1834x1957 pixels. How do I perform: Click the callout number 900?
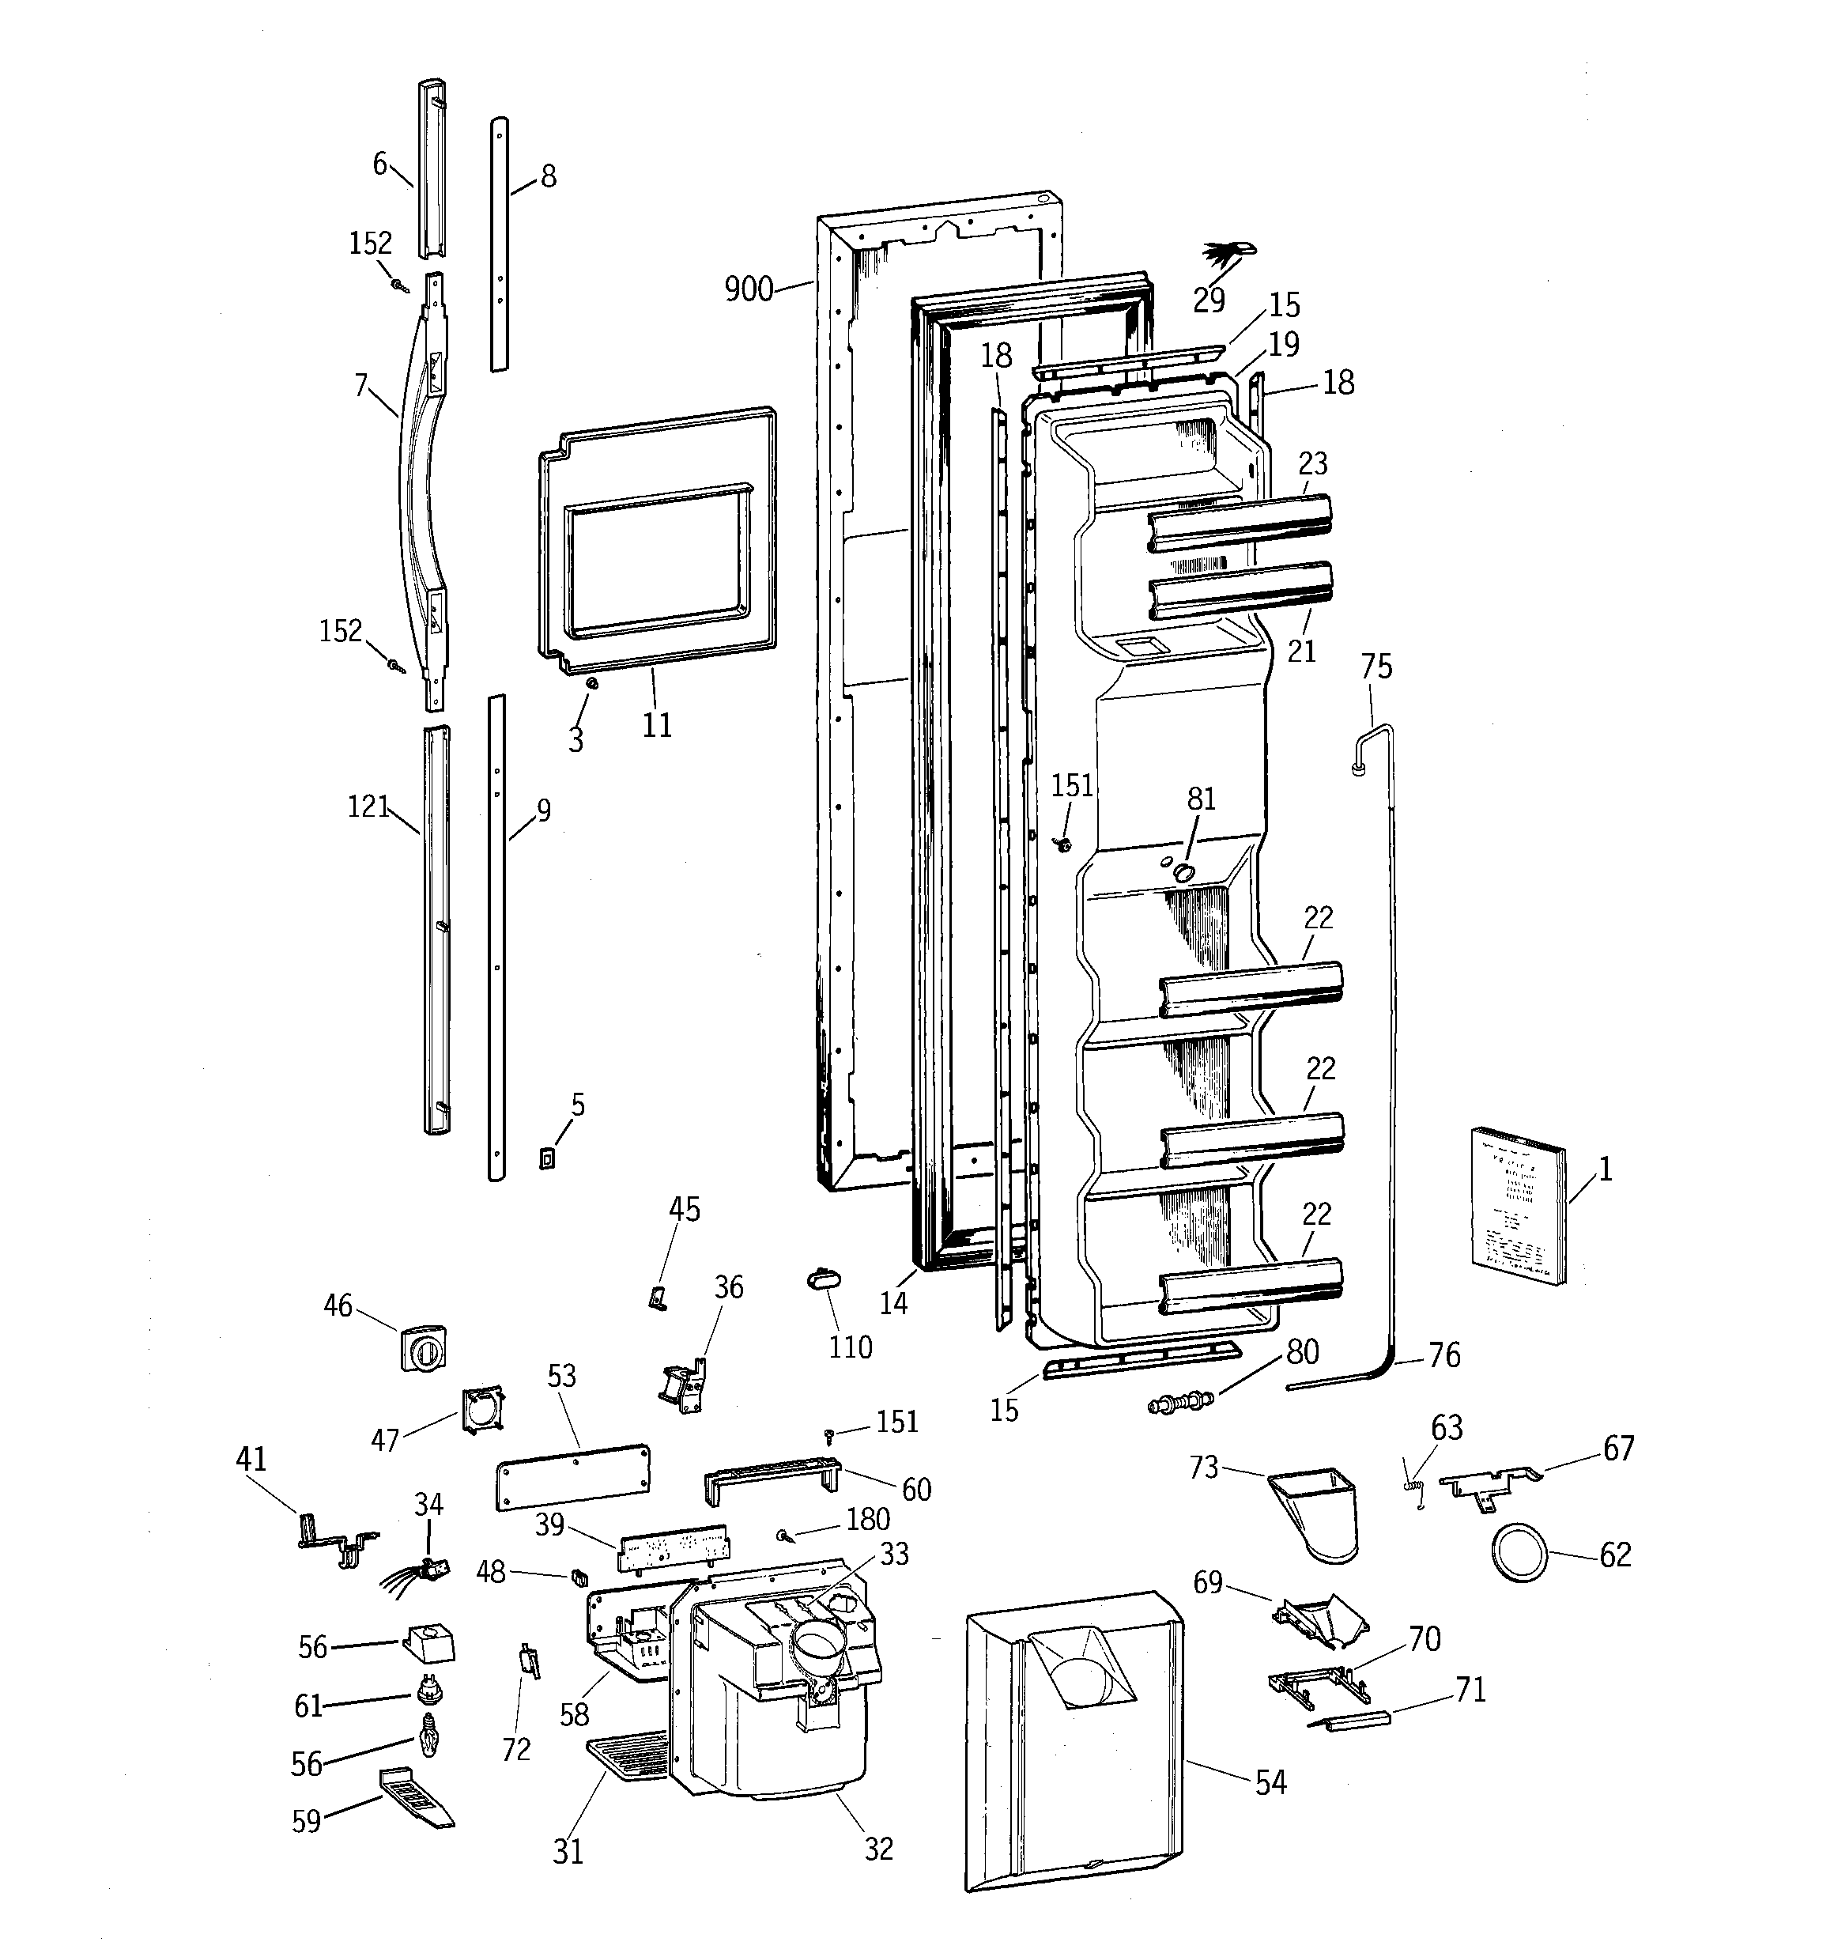coord(748,289)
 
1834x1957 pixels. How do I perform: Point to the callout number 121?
coord(368,807)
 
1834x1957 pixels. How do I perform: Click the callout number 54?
coord(1270,1781)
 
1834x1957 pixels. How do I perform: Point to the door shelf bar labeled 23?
coord(1240,522)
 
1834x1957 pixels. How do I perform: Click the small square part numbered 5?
coord(547,1158)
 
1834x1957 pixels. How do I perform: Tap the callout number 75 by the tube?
coord(1376,667)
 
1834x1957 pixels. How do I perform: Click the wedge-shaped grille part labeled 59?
coord(417,1796)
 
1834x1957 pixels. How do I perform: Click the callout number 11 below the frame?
coord(657,726)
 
